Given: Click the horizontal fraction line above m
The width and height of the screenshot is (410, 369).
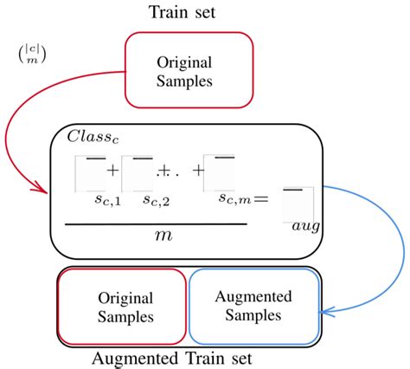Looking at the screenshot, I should pos(156,223).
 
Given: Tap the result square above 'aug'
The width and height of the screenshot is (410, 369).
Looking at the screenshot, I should pos(298,200).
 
